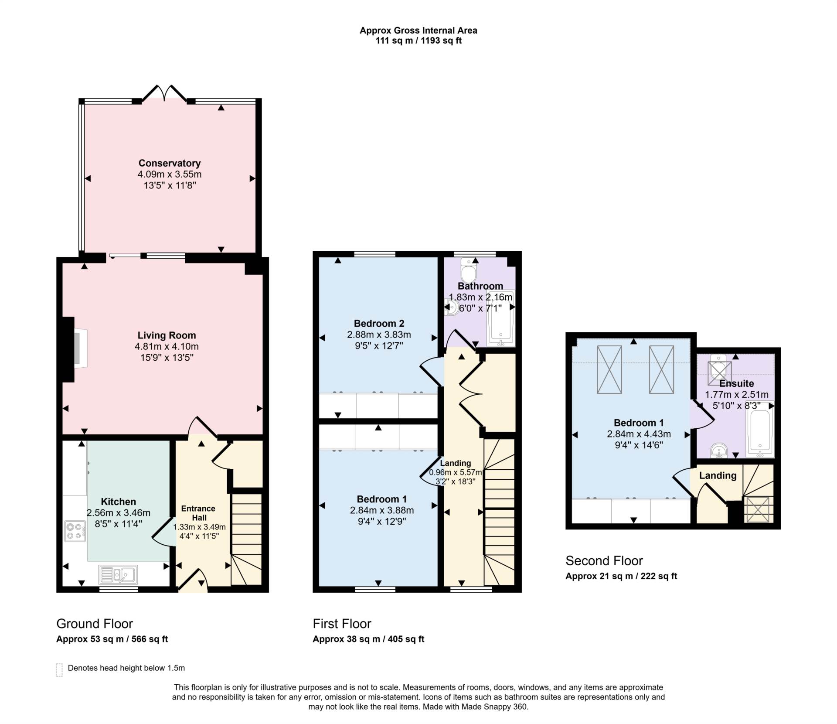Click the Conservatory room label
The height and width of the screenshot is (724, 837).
(x=170, y=163)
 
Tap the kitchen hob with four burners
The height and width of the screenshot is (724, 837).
(x=75, y=531)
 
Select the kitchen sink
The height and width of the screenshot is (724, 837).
(x=118, y=574)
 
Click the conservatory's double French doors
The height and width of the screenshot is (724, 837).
(x=165, y=93)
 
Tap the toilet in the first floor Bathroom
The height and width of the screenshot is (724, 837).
(x=469, y=270)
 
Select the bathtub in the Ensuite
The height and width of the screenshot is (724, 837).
(x=760, y=429)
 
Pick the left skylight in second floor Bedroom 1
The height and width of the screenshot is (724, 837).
(x=609, y=369)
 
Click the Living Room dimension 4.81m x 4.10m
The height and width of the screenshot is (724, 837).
(x=167, y=347)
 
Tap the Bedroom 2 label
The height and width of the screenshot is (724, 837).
(x=379, y=323)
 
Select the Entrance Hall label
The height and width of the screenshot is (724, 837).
(x=198, y=513)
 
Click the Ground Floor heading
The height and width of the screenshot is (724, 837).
(x=95, y=624)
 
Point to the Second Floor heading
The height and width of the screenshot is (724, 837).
(x=604, y=560)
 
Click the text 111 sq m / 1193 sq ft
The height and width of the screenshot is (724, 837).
(x=418, y=41)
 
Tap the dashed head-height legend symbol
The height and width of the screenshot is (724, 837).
(x=60, y=670)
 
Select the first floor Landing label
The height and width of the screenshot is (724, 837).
(x=456, y=463)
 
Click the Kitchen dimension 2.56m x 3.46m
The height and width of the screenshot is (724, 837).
(x=119, y=513)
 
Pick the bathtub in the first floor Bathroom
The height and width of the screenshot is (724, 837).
(x=501, y=318)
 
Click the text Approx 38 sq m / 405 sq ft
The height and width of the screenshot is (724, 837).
(x=368, y=639)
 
